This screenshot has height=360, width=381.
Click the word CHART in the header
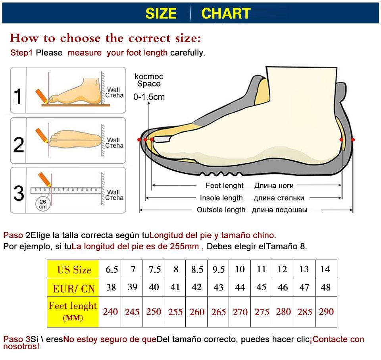[x=226, y=13]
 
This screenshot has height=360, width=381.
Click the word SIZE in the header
[x=161, y=13]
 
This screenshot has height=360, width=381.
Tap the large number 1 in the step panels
[x=18, y=96]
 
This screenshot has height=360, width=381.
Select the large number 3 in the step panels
[x=19, y=193]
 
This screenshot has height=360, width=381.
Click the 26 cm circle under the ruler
[x=42, y=204]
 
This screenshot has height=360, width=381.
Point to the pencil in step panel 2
[x=41, y=135]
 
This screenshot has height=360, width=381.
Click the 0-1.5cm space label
[x=149, y=96]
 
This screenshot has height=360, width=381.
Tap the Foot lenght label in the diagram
[x=225, y=185]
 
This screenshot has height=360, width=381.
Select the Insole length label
[x=221, y=198]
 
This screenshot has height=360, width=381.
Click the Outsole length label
[x=221, y=210]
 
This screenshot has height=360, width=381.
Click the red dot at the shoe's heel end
[x=353, y=140]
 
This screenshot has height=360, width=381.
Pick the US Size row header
[x=74, y=270]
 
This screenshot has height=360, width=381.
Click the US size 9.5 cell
[x=219, y=270]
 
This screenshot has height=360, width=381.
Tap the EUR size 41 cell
[x=175, y=287]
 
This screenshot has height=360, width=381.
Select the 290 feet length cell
[x=326, y=312]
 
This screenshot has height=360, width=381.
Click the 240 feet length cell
[x=110, y=312]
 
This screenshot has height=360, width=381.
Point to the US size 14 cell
[x=325, y=269]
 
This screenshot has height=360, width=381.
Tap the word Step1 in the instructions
[x=21, y=53]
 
